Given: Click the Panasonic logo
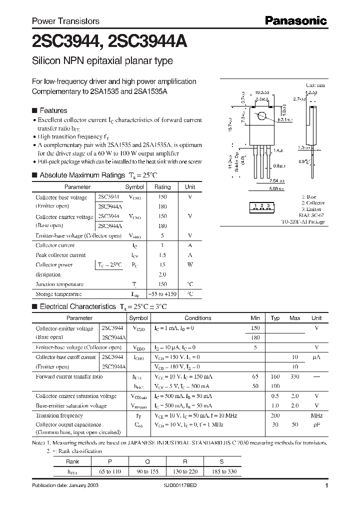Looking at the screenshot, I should point(295,21).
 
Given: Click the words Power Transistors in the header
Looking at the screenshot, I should point(65,21).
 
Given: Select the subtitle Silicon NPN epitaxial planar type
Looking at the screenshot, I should point(102,61).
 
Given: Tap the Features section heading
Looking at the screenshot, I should point(53,110).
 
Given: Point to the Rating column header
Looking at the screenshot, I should point(162,187).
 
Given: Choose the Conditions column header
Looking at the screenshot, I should point(198,318).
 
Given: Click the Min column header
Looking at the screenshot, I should point(255,318).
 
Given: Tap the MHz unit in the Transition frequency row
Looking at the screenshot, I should point(316,415).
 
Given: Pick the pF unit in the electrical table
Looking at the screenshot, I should point(316,424).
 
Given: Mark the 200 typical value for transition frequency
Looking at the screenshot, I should point(275,415).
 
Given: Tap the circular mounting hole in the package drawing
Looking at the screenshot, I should point(261,117).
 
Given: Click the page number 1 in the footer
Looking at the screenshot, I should point(326,486).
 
